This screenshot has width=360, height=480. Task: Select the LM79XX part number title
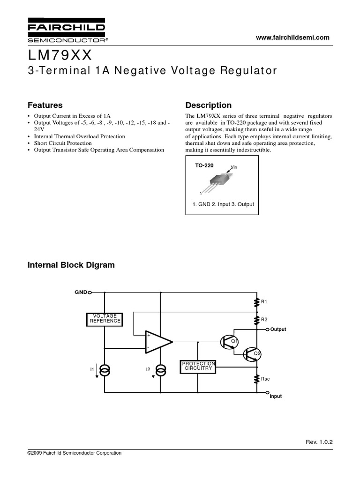61,56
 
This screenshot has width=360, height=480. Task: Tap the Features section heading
45,105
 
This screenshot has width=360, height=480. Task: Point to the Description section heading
209,105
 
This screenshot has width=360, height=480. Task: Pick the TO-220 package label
204,165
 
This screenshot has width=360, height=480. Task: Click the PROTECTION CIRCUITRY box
198,366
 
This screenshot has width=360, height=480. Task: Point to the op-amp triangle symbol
158,341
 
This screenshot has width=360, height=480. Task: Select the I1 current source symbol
105,371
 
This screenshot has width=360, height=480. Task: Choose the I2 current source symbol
161,371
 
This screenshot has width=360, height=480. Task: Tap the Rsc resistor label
265,378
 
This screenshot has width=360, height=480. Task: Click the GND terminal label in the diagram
80,292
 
